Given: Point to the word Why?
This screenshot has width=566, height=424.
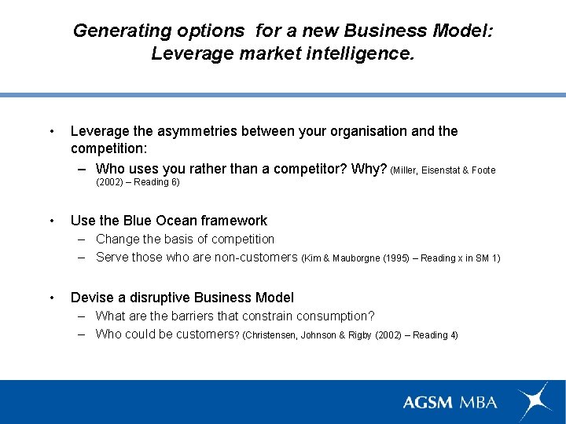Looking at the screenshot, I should [369, 169].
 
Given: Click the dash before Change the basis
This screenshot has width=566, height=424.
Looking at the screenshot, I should [83, 239].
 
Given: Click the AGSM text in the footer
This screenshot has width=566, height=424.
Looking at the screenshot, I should [428, 402].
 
